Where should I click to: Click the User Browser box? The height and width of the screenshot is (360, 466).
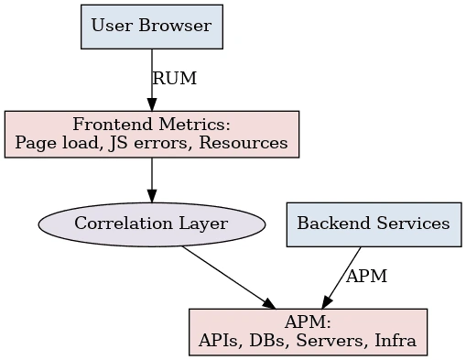(152, 25)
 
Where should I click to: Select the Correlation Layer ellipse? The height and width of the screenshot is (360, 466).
(152, 224)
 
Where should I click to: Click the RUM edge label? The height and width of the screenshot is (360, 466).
(174, 79)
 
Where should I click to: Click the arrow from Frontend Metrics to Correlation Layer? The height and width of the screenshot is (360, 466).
(152, 180)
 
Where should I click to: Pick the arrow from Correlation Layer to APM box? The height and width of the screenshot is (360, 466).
(229, 277)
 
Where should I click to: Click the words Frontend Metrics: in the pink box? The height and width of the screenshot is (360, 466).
(152, 125)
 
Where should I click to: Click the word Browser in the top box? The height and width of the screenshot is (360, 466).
(180, 25)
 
